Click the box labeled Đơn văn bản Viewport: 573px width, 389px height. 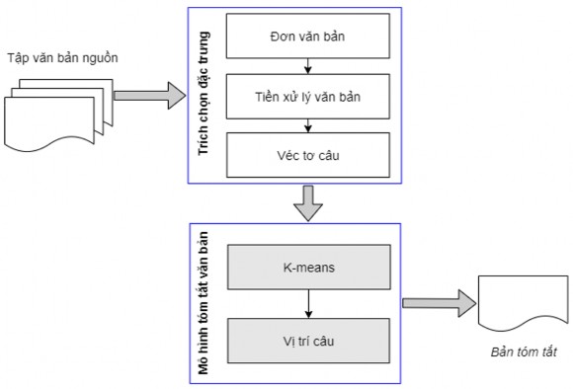point(309,39)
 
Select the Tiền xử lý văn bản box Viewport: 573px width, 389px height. point(309,97)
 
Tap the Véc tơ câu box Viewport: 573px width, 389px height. point(309,154)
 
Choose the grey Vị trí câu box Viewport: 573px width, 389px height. point(309,338)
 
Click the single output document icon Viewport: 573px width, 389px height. point(524,303)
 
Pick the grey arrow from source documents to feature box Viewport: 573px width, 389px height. point(149,96)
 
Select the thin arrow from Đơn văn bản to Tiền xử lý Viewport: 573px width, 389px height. point(309,67)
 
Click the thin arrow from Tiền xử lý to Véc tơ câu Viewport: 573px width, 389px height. point(309,125)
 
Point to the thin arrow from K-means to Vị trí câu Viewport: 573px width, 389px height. point(309,301)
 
